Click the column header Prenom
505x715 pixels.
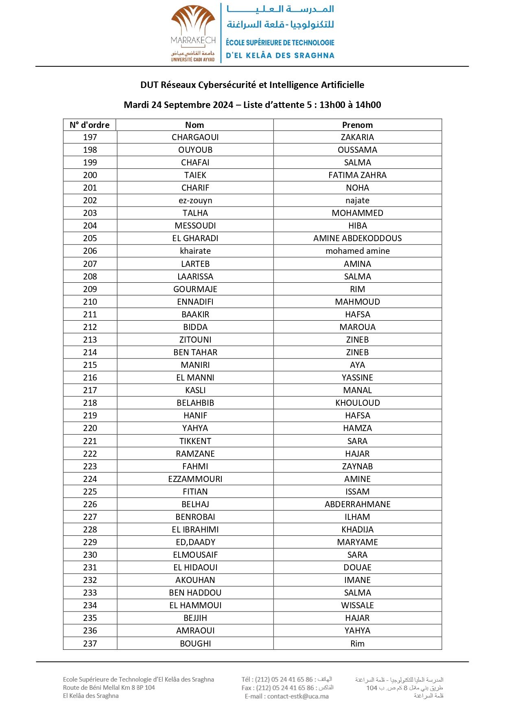pos(357,125)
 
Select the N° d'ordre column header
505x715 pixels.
pos(90,125)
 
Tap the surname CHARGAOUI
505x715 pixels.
pos(195,137)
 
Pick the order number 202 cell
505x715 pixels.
pos(90,200)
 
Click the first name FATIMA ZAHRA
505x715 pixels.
pos(357,175)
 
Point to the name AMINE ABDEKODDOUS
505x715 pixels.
pos(357,238)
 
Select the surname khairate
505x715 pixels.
pos(195,251)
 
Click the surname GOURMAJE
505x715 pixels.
pos(195,289)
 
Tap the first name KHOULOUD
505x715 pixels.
pos(357,403)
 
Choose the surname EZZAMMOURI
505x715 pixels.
pos(195,479)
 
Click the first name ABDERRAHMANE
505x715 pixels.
pos(357,504)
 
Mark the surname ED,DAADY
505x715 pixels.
pos(195,542)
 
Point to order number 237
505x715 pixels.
pos(90,644)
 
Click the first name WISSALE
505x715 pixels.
pos(357,605)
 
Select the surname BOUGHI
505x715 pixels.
pos(195,644)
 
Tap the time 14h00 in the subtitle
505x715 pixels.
pos(368,105)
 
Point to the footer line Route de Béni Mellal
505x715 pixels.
pos(109,688)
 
